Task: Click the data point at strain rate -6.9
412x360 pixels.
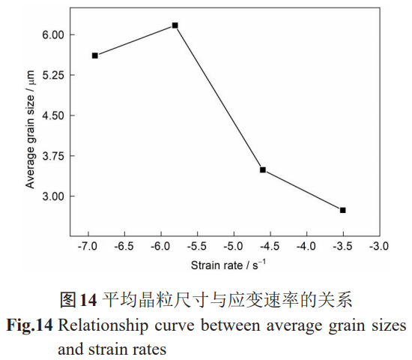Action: pos(95,55)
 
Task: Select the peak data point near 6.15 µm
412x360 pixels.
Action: pos(175,25)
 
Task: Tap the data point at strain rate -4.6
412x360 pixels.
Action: pos(263,170)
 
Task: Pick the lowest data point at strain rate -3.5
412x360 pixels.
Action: pos(342,210)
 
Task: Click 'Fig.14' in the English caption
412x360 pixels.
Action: pos(29,326)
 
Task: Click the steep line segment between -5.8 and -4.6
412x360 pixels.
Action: pos(219,97)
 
